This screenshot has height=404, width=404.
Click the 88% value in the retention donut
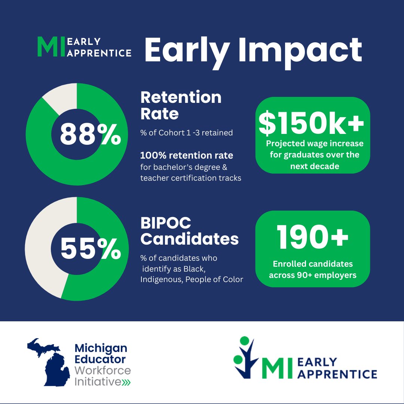pyautogui.click(x=90, y=134)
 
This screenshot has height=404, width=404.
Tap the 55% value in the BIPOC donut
pyautogui.click(x=90, y=249)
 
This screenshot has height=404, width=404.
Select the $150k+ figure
pyautogui.click(x=311, y=124)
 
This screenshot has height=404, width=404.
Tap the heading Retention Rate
pyautogui.click(x=181, y=105)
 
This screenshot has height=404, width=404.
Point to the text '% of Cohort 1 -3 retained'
pyautogui.click(x=187, y=132)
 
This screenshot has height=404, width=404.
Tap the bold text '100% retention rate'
pyautogui.click(x=187, y=155)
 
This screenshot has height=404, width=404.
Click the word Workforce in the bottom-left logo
pyautogui.click(x=103, y=371)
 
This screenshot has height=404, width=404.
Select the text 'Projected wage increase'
pyautogui.click(x=315, y=144)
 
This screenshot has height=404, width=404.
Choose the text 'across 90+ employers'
pyautogui.click(x=312, y=275)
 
